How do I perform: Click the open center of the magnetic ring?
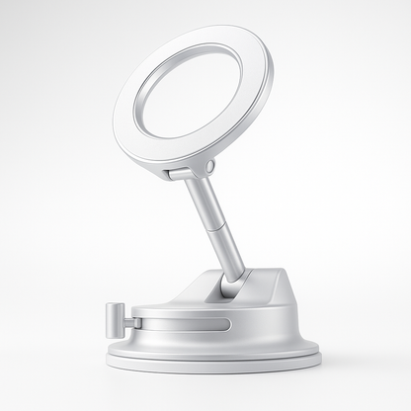(188, 94)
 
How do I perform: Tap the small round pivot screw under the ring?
(207, 168)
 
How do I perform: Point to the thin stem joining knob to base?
(136, 322)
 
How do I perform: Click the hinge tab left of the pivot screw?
(181, 174)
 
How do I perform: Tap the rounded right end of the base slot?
(226, 324)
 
